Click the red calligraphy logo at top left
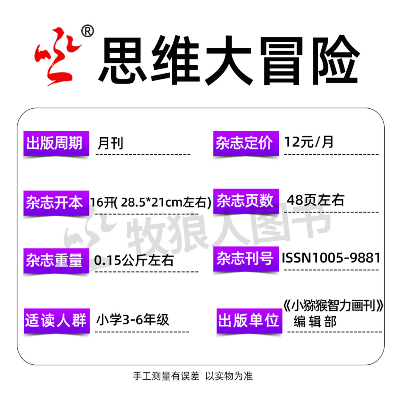[x=57, y=56]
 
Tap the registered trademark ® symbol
[x=87, y=31]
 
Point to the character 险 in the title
[x=335, y=60]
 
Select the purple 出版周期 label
[x=56, y=143]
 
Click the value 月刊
[x=110, y=143]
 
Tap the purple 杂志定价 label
[x=246, y=143]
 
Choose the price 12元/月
[x=309, y=142]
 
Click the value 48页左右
[x=315, y=200]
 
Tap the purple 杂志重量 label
[x=56, y=260]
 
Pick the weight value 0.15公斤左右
[x=134, y=260]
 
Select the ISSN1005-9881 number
[x=331, y=258]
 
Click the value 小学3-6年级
[x=133, y=320]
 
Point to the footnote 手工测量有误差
[x=166, y=376]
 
